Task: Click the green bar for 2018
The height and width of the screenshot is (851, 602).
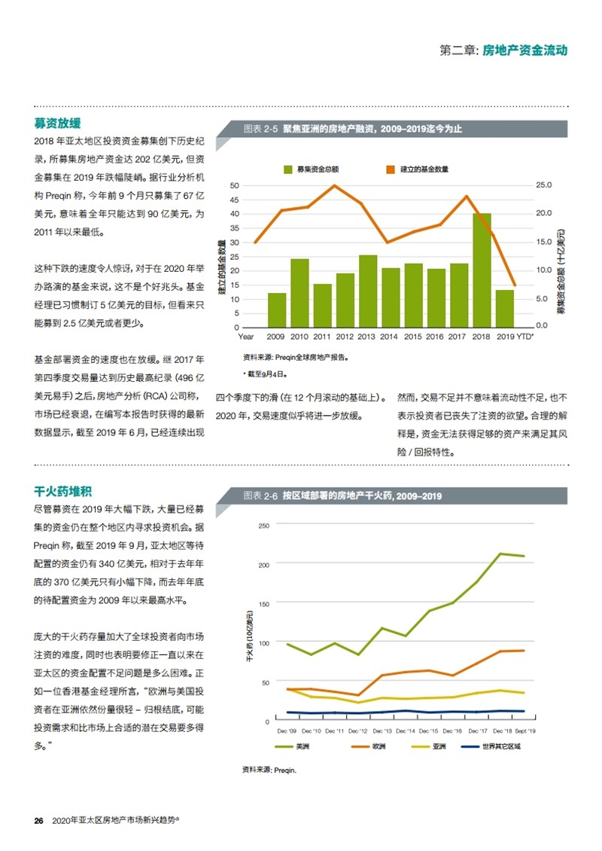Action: (482, 270)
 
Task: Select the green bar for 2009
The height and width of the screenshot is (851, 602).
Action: (277, 310)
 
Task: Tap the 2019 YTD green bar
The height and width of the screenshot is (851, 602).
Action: (504, 309)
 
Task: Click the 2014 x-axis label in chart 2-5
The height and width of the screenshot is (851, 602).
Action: (388, 337)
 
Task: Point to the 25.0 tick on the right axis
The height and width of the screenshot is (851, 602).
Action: (543, 185)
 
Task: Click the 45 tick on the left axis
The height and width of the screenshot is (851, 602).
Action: (234, 200)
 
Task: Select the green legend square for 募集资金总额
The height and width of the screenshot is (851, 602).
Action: (288, 169)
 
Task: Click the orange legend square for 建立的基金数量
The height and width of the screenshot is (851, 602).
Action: (391, 169)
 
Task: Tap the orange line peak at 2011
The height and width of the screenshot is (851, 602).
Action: (334, 185)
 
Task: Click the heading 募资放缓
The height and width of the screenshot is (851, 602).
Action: (57, 124)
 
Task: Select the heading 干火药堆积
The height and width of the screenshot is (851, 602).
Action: (63, 491)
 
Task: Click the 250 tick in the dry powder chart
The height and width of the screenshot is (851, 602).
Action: (263, 526)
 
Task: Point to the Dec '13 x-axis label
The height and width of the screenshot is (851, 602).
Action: (382, 731)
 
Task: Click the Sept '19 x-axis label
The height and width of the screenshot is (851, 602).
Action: (525, 731)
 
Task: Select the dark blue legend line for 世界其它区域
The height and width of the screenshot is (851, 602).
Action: (470, 747)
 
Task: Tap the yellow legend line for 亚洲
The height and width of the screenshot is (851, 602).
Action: (421, 747)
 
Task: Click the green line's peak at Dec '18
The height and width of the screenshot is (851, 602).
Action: (500, 554)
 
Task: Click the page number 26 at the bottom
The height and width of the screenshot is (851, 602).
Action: (38, 821)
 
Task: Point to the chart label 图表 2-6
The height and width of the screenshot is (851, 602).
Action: (260, 496)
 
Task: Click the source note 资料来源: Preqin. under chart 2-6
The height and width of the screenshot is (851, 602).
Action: (269, 770)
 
